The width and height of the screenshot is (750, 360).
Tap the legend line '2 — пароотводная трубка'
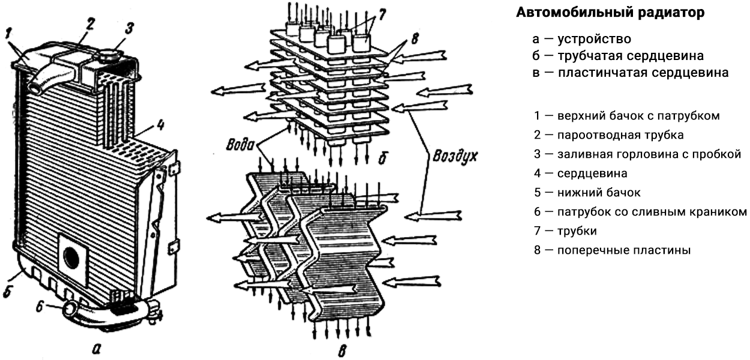[608, 135]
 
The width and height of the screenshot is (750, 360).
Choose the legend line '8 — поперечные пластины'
[612, 250]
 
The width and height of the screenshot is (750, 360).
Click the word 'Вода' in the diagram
[239, 146]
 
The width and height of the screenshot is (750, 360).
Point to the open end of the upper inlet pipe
[36, 88]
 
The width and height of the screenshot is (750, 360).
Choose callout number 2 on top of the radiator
[89, 24]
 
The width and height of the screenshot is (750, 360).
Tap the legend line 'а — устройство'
[581, 40]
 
